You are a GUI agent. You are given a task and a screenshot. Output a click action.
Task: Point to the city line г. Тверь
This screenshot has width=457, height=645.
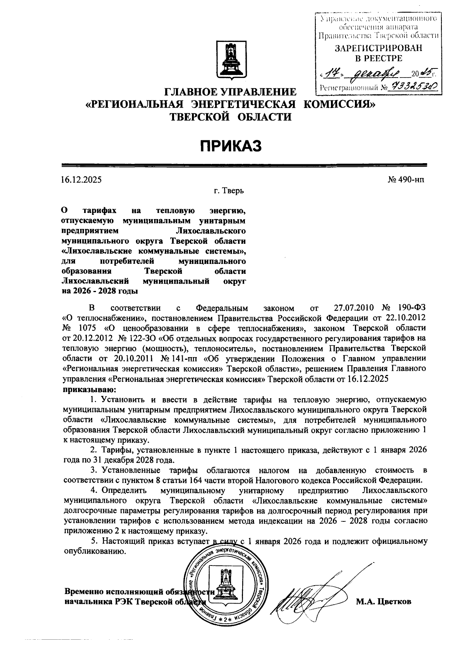tap(228, 191)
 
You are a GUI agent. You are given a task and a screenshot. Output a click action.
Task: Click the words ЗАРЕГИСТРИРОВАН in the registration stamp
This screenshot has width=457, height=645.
tap(378, 48)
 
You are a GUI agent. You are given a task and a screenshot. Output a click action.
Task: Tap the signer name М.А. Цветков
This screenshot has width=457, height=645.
tap(383, 602)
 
